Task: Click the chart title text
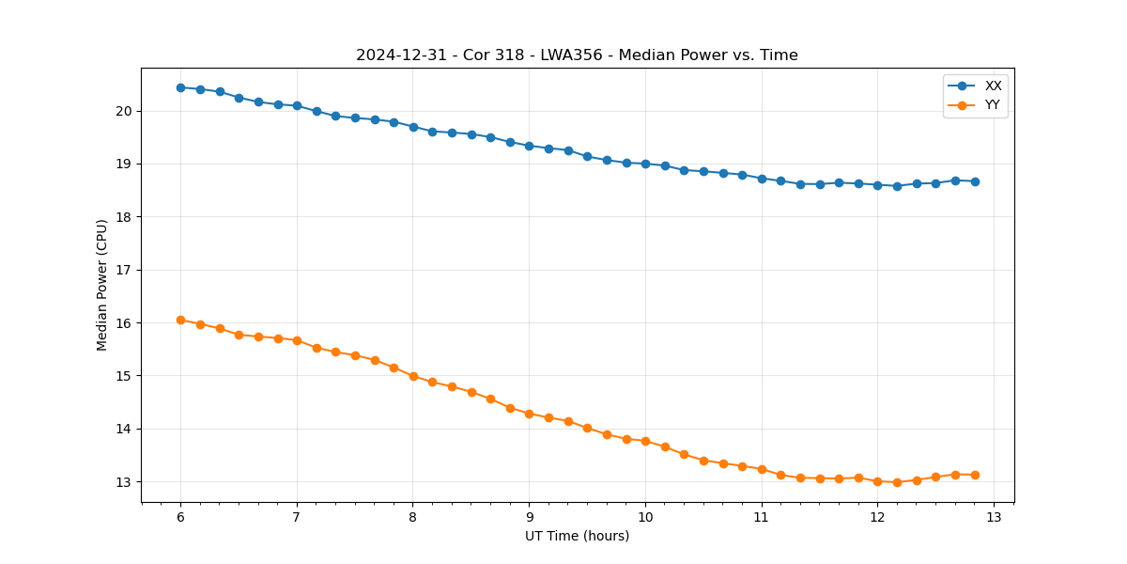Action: (577, 55)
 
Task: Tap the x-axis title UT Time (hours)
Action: (577, 536)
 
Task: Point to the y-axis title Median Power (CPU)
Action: (102, 285)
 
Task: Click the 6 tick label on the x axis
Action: (180, 517)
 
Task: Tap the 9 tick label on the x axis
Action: (529, 517)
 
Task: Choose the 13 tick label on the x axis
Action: (994, 517)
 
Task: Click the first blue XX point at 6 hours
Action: (180, 87)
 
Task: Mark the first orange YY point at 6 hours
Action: (180, 320)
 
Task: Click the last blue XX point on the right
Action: (975, 181)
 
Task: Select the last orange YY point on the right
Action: (975, 475)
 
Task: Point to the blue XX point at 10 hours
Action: (645, 164)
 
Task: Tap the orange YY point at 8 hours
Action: (413, 376)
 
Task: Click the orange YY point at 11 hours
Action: (762, 469)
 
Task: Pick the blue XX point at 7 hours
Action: (297, 105)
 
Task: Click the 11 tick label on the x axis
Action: (762, 517)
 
